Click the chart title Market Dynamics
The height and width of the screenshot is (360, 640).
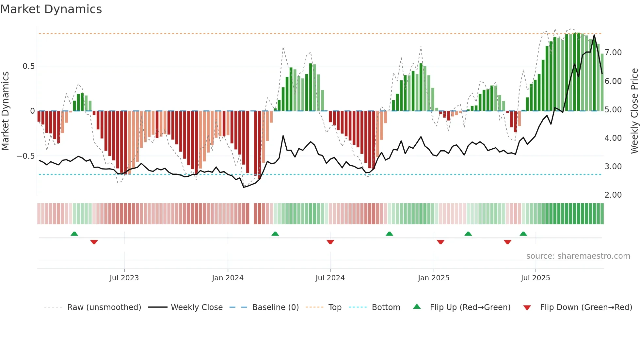tap(51, 9)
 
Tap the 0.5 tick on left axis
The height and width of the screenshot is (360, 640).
tap(28, 66)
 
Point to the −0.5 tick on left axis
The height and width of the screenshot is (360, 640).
tap(26, 156)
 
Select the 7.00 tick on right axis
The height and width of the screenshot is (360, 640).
tap(613, 53)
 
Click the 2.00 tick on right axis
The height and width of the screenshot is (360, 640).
tap(613, 195)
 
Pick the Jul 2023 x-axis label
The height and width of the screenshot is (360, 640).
tap(124, 278)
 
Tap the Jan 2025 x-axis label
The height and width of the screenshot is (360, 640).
tap(433, 278)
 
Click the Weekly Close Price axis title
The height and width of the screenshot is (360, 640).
tap(634, 111)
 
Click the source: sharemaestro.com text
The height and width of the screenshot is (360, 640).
tap(578, 256)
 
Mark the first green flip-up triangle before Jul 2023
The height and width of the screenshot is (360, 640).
tap(74, 234)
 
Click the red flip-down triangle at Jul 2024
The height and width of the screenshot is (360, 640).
tap(330, 242)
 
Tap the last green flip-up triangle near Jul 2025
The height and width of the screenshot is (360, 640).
tap(523, 234)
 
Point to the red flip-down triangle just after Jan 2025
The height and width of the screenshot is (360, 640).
tap(440, 242)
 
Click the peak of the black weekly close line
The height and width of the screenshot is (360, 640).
tap(594, 35)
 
